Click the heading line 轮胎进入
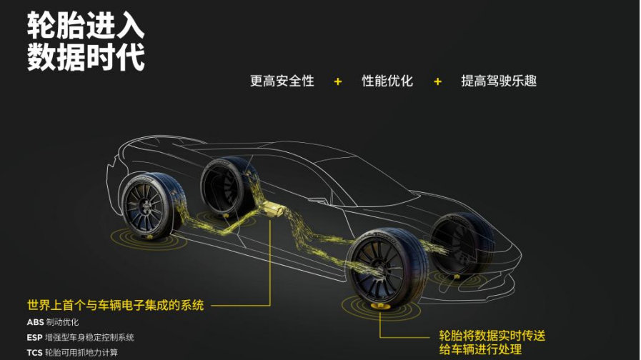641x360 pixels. pyautogui.click(x=86, y=26)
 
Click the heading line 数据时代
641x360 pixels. pyautogui.click(x=86, y=58)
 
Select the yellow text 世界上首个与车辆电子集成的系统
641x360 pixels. pyautogui.click(x=115, y=305)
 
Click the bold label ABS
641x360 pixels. pyautogui.click(x=36, y=322)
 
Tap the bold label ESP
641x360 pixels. pyautogui.click(x=35, y=337)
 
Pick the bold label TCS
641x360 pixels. pyautogui.click(x=35, y=352)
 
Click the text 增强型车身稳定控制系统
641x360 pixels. pyautogui.click(x=89, y=337)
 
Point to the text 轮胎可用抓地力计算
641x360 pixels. pyautogui.click(x=81, y=352)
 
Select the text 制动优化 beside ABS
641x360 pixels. pyautogui.click(x=62, y=322)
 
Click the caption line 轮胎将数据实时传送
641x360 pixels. pyautogui.click(x=492, y=335)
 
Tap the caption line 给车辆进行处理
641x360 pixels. pyautogui.click(x=480, y=350)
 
